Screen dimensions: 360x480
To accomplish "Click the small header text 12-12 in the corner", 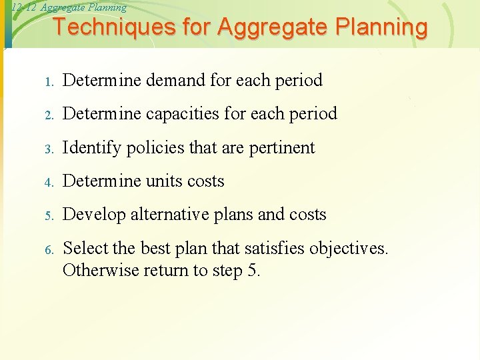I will point(24,8).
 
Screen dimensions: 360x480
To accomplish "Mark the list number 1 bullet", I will point(49,82).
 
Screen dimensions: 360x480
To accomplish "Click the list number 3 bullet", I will point(49,149).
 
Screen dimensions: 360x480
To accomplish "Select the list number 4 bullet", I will point(49,182).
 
